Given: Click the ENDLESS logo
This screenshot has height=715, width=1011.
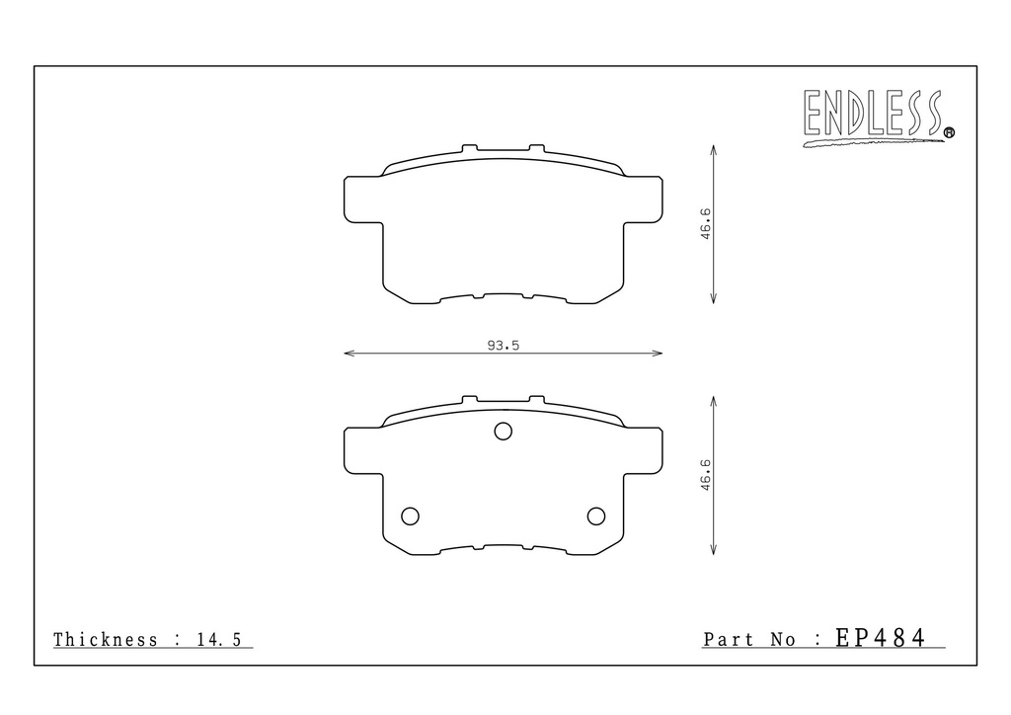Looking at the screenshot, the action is (878, 118).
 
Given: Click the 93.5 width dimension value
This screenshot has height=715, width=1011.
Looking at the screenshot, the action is (503, 346).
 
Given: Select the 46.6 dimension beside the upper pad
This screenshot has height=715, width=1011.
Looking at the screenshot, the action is (705, 224).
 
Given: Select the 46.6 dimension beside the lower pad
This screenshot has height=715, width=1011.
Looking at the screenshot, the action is (705, 475).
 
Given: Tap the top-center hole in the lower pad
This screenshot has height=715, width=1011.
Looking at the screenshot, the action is (503, 432).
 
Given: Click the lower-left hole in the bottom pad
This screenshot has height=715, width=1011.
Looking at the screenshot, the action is (410, 516).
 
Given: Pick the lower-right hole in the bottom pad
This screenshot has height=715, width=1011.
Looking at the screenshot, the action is (596, 516).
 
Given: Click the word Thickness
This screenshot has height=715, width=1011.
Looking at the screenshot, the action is (106, 640).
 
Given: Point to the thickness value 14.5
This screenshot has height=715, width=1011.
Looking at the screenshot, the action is (218, 640).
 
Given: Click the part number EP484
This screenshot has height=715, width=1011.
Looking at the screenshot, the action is (881, 638).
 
